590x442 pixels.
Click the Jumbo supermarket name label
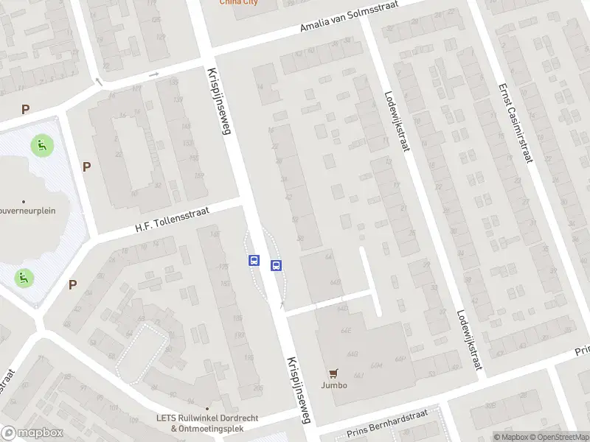(333, 385)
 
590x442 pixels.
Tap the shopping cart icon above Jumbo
(333, 373)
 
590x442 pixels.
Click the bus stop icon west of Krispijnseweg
(254, 260)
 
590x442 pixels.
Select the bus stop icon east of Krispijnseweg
(277, 266)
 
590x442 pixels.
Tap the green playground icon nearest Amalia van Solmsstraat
(42, 145)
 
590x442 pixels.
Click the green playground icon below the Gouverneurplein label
(24, 278)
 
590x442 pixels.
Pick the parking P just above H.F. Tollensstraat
(86, 166)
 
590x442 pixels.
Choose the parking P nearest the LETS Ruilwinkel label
(73, 284)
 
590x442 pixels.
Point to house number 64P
(400, 359)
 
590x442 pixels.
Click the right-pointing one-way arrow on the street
(153, 74)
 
